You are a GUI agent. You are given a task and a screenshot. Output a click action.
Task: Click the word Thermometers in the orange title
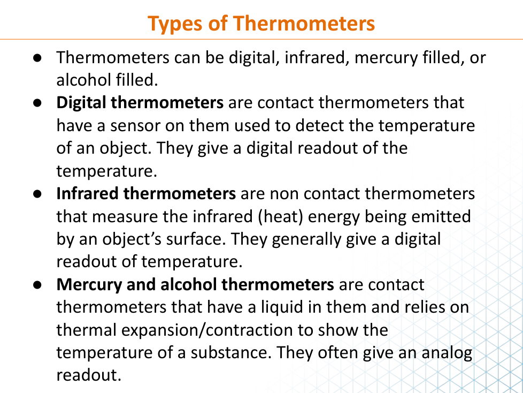[x=304, y=24]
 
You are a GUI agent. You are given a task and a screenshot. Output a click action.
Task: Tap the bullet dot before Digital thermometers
[x=37, y=103]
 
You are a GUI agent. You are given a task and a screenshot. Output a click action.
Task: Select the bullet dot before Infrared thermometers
[x=37, y=194]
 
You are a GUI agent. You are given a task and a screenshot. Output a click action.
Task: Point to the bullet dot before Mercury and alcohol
[x=37, y=285]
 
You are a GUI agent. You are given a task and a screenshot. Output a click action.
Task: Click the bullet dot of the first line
[x=37, y=58]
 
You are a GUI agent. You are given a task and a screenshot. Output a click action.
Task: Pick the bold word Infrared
[x=87, y=194]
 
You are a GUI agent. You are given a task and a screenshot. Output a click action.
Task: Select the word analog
[x=447, y=353]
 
